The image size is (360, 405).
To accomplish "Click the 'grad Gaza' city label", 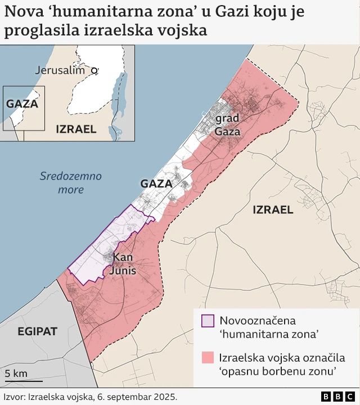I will [227, 125].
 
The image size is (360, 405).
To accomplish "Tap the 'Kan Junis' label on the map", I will [123, 264].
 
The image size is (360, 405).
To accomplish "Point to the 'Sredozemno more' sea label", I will [71, 183].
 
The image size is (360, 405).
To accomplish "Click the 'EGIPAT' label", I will [37, 331].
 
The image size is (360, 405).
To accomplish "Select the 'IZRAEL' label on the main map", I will [273, 210].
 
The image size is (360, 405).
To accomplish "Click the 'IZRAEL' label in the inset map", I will [76, 129].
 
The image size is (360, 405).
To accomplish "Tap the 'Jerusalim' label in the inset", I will [60, 70].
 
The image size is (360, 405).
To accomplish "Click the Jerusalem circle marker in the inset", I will [94, 71].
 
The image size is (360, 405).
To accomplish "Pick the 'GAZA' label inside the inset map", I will [22, 104].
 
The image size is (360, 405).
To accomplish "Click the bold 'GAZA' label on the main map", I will [156, 184].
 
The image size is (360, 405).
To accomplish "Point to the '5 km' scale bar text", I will [16, 373].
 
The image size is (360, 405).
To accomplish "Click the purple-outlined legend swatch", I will [208, 321].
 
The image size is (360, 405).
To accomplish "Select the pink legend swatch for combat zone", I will [208, 358].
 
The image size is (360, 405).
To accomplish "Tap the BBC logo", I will [338, 397].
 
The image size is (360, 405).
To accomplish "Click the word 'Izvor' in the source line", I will [13, 397].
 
